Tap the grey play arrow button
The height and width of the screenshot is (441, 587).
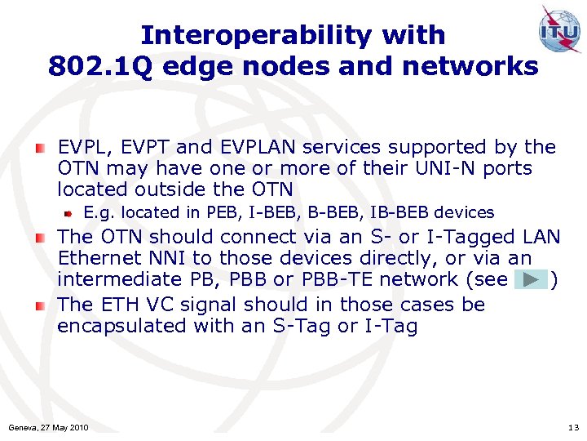click(531, 280)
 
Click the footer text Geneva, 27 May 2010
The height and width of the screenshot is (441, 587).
click(48, 428)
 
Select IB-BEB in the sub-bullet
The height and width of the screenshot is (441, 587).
click(399, 213)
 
